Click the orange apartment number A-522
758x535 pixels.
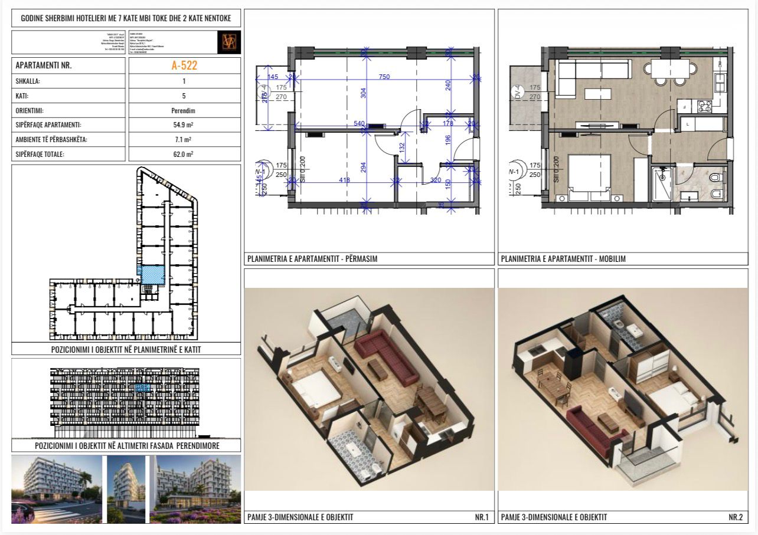pos(184,65)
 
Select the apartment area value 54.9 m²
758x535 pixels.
pos(184,125)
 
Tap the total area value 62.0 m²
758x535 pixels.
pos(184,155)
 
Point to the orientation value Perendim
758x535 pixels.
pos(184,110)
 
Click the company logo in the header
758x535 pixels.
pos(228,42)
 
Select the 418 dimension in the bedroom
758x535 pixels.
pos(344,180)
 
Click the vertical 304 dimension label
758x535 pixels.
pos(364,93)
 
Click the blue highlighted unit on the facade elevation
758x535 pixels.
pos(141,388)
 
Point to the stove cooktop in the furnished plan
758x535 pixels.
pos(704,107)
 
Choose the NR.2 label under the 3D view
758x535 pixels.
pos(735,517)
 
